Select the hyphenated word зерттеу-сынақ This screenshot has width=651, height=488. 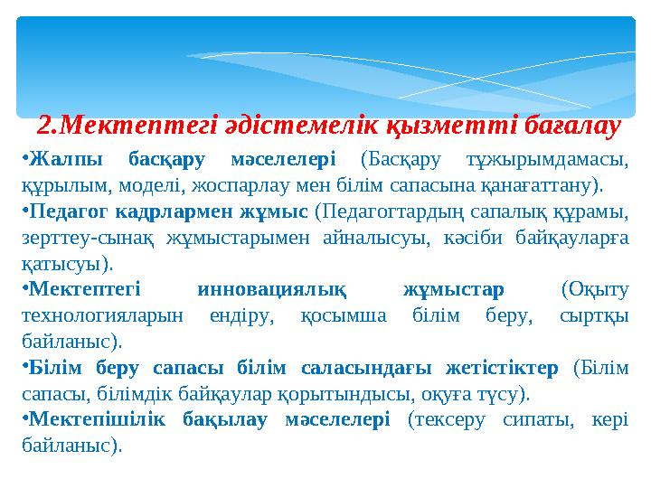tap(88, 239)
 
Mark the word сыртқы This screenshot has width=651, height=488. tap(595, 316)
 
